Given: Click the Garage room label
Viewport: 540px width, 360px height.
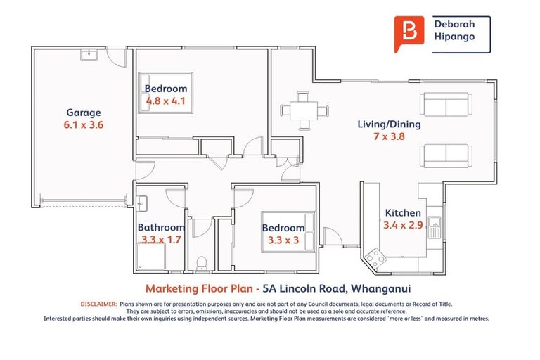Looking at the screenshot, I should pos(84,112).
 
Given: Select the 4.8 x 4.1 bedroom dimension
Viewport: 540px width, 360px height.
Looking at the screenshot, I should pos(165,101).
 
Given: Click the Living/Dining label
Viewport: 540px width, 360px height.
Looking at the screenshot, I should pos(389,124).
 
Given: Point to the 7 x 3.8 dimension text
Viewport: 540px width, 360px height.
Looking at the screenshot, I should pos(389,137).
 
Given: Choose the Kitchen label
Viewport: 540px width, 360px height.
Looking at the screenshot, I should pos(403,213).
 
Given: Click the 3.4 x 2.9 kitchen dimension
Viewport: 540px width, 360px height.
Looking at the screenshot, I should pos(403,226).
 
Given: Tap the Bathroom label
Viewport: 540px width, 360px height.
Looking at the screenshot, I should pos(161,228).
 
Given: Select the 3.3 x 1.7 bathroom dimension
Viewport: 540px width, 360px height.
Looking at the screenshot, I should pos(161,240).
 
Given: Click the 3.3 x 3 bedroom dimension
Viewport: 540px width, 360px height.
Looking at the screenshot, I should pos(283,240).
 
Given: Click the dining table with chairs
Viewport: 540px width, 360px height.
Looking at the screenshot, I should pos(304,111).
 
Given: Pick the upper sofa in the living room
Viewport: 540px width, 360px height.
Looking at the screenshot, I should pos(444,105).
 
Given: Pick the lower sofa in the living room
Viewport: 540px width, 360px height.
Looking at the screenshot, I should pos(444,155).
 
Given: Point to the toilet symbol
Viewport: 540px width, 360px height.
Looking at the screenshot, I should pos(202,263).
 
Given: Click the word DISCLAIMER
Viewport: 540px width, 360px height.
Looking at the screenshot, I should pos(97,304).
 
